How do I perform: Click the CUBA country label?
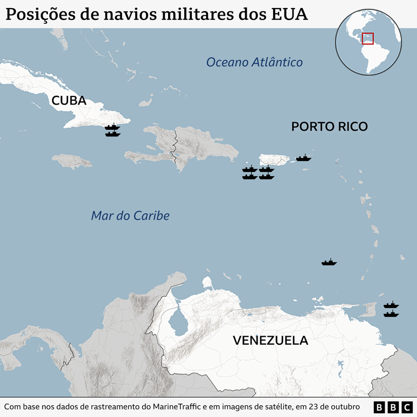click(x=68, y=101)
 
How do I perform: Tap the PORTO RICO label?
click(x=329, y=127)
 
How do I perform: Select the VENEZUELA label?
click(x=270, y=340)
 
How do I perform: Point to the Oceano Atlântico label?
click(x=254, y=62)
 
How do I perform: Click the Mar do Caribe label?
click(x=130, y=216)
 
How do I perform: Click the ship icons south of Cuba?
click(x=113, y=130)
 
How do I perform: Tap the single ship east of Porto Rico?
click(x=303, y=158)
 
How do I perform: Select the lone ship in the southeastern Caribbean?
click(x=329, y=262)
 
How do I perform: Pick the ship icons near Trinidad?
click(x=391, y=309)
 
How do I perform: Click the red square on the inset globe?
click(x=367, y=39)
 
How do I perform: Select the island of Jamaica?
click(x=72, y=161)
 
